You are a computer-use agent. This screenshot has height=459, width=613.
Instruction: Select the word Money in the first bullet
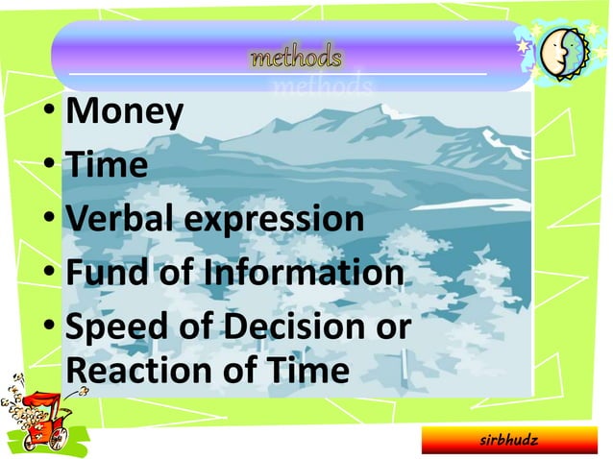(123, 113)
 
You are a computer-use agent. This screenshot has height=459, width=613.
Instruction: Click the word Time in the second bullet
(106, 165)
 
